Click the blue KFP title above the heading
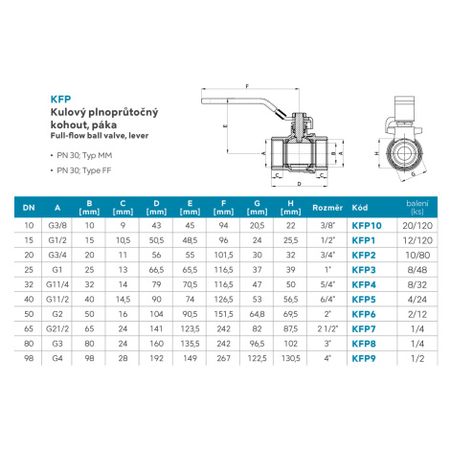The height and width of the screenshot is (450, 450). click(60, 100)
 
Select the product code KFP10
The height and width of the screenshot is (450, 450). click(367, 226)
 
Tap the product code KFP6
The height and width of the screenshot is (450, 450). click(364, 314)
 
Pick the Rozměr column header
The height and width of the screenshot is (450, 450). click(327, 208)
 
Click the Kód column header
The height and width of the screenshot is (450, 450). click(360, 208)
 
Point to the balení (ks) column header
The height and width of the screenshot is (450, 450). click(417, 207)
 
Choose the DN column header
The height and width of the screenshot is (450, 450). click(29, 208)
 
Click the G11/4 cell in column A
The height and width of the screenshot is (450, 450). click(57, 284)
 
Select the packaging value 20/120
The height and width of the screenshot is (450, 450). click(417, 226)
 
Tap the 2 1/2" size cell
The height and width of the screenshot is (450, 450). click(327, 328)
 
